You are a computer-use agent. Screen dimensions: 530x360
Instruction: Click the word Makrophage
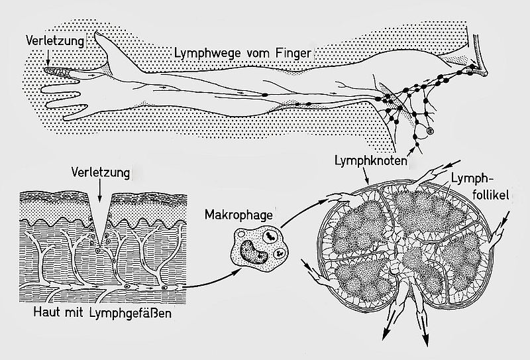[238, 215]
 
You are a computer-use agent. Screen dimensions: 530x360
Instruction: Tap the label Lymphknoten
[371, 160]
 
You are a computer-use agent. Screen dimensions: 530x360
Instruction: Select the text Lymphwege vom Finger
[242, 53]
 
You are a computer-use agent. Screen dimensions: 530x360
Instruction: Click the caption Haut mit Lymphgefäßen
[103, 312]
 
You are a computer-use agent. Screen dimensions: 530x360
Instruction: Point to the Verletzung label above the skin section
[101, 172]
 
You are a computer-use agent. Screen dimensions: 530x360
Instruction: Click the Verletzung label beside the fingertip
[55, 41]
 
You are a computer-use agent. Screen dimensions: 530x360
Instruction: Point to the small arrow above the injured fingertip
[48, 57]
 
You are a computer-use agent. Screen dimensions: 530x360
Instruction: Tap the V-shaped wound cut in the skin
[99, 220]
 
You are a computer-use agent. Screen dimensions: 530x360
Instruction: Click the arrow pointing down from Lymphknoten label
[366, 175]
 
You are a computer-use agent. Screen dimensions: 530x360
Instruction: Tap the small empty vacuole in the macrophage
[241, 234]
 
